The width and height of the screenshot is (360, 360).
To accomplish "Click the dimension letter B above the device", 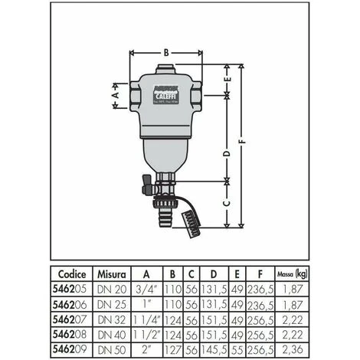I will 166,53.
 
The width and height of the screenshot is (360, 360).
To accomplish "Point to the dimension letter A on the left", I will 116,97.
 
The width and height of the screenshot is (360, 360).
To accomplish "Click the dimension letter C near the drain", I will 227,204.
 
